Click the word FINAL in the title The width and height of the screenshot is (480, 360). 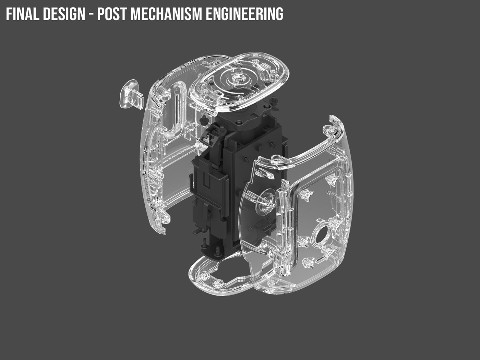[x=23, y=14]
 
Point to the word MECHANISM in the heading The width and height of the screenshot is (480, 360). [x=166, y=14]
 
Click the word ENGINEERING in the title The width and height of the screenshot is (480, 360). [x=244, y=14]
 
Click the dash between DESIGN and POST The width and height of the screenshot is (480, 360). [x=91, y=14]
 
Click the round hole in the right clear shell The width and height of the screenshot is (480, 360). [x=321, y=236]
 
